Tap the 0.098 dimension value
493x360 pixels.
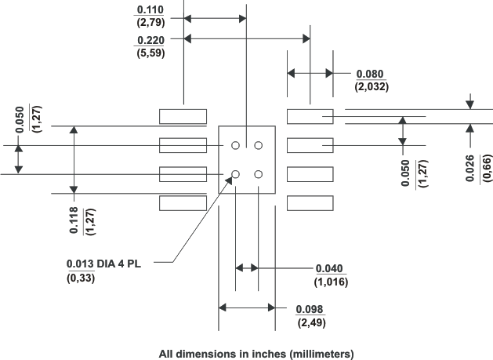tap(312, 309)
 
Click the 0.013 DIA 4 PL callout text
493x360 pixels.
tap(109, 263)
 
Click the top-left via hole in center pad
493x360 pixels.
tap(235, 145)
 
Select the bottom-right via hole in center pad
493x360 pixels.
tap(258, 174)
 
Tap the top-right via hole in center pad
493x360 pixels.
tap(258, 145)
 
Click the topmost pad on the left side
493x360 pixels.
tap(183, 116)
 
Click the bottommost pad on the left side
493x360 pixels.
tap(183, 203)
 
